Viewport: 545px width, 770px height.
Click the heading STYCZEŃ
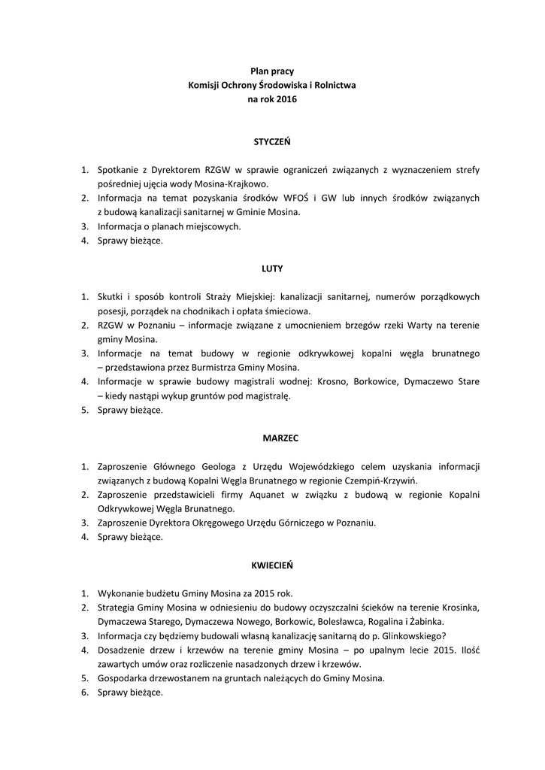pos(272,141)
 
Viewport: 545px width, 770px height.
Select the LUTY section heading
pos(272,268)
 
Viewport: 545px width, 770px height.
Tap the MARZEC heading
pos(272,437)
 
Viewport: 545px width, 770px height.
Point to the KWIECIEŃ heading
pos(272,564)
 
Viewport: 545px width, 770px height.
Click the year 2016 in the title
pos(286,99)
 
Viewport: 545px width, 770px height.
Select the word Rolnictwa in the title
pos(335,85)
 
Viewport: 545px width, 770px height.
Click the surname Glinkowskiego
pos(404,635)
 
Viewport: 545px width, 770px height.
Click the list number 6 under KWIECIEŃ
pos(85,692)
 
